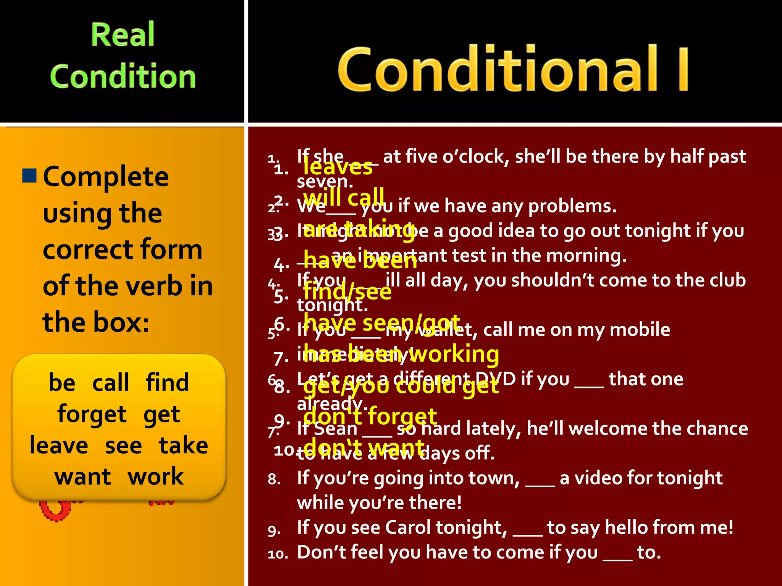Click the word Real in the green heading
pos(123,35)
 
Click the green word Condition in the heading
pos(123,76)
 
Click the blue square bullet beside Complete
pos(29,175)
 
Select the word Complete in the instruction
pos(106,177)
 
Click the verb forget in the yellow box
pos(92,414)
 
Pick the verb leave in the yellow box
pos(59,446)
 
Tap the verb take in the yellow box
pos(183,446)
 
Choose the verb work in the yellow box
pos(155,477)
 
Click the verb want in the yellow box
pos(82,477)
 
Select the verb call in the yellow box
pos(111,383)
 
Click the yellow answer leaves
pos(338,167)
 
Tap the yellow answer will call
pos(344,197)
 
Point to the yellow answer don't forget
pos(370,416)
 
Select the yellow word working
pos(454,354)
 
